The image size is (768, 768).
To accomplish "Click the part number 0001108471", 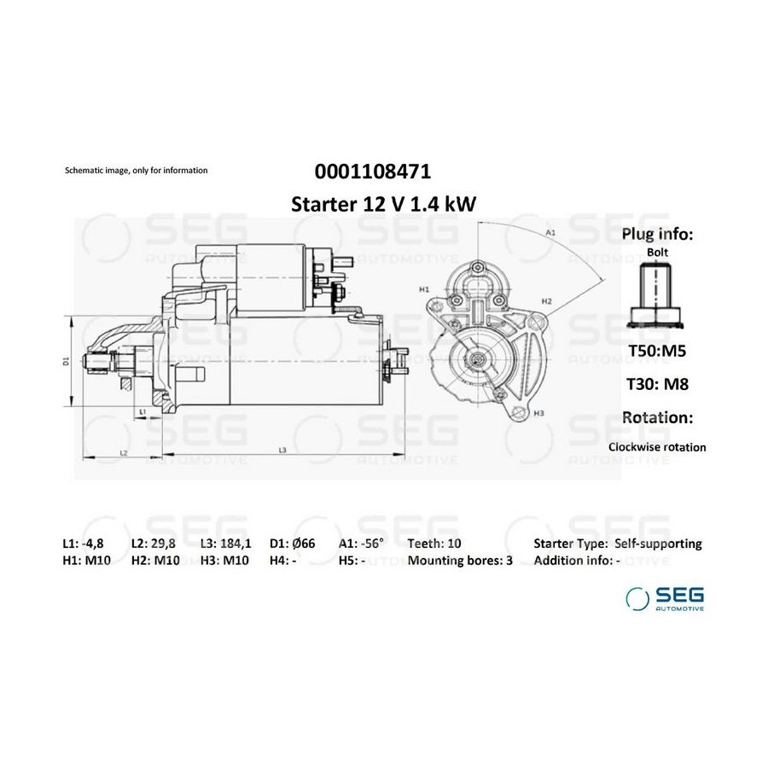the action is [x=373, y=172].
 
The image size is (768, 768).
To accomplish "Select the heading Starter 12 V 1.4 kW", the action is [x=383, y=204].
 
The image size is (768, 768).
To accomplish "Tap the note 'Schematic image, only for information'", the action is [x=137, y=171].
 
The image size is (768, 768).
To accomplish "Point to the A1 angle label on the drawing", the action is [x=550, y=233].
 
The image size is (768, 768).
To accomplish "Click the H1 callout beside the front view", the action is [x=424, y=289].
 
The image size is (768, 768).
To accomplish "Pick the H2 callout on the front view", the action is [x=547, y=301].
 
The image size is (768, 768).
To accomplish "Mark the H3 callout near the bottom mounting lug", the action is [x=538, y=413].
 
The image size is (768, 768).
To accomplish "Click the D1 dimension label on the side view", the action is [x=67, y=361].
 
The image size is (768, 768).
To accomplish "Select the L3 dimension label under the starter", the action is [x=282, y=450].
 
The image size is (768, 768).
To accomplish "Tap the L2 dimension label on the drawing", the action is [x=124, y=453].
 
